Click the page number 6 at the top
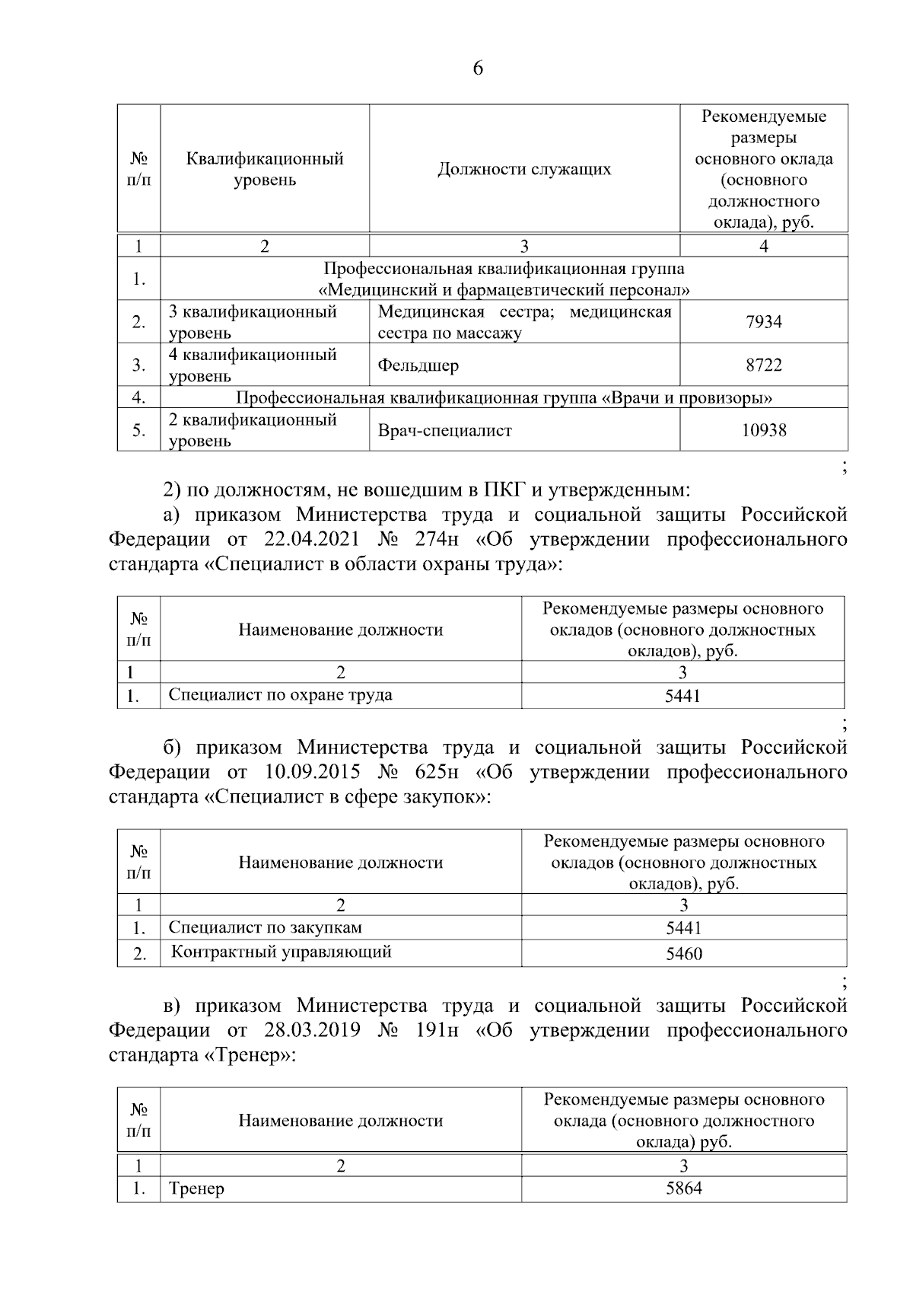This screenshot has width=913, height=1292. click(x=478, y=69)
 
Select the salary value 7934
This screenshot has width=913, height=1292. click(x=763, y=322)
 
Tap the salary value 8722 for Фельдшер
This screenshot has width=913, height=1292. click(x=763, y=365)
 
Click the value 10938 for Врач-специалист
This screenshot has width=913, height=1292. click(x=763, y=431)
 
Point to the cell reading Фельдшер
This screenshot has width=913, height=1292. click(x=418, y=365)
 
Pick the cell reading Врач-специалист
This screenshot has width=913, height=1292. click(x=444, y=431)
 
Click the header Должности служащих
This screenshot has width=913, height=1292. click(x=524, y=169)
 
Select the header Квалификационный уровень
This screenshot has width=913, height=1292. click(x=265, y=169)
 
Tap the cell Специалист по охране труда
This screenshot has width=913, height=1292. click(x=280, y=694)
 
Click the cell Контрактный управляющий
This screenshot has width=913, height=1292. click(x=281, y=952)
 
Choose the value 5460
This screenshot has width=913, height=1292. click(x=683, y=953)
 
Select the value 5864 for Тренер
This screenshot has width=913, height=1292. click(x=683, y=1188)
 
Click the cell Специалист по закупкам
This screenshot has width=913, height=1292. click(x=265, y=927)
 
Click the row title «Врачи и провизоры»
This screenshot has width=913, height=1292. click(x=504, y=397)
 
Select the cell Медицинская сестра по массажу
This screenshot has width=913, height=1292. click(x=524, y=322)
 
